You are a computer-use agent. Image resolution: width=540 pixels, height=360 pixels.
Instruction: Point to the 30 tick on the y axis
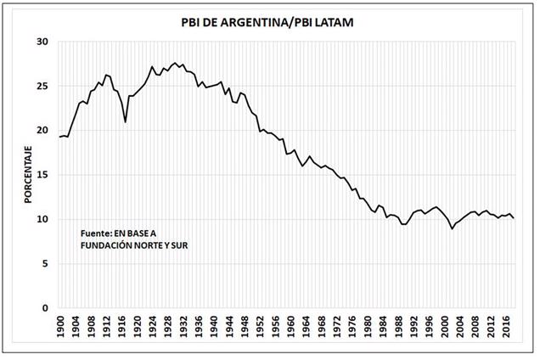(42, 42)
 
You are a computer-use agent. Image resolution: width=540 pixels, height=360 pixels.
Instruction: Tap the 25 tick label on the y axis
(42, 86)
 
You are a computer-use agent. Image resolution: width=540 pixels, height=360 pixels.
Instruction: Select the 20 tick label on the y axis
(42, 130)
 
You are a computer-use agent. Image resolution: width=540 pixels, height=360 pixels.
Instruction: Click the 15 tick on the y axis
(42, 175)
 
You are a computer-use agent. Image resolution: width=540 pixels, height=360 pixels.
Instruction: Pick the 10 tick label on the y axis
(42, 219)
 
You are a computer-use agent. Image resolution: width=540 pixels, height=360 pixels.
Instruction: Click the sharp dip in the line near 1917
(126, 122)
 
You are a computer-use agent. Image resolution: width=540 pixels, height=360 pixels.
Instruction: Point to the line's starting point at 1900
(60, 137)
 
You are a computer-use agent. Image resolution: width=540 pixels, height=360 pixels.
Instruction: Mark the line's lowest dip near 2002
(452, 228)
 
